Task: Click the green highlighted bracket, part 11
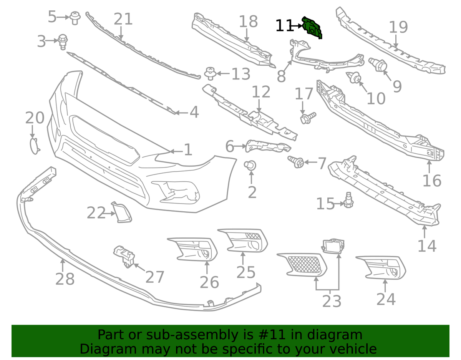click(312, 28)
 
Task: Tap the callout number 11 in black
click(284, 26)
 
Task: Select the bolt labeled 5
click(75, 18)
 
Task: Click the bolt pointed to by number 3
click(63, 41)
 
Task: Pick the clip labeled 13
click(209, 73)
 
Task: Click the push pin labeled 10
click(355, 78)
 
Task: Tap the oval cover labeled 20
click(35, 146)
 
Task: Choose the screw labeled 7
click(297, 162)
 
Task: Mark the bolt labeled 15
click(349, 200)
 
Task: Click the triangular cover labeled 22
click(122, 212)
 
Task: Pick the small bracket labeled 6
click(268, 145)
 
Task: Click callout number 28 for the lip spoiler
click(65, 279)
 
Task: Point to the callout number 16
click(431, 180)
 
